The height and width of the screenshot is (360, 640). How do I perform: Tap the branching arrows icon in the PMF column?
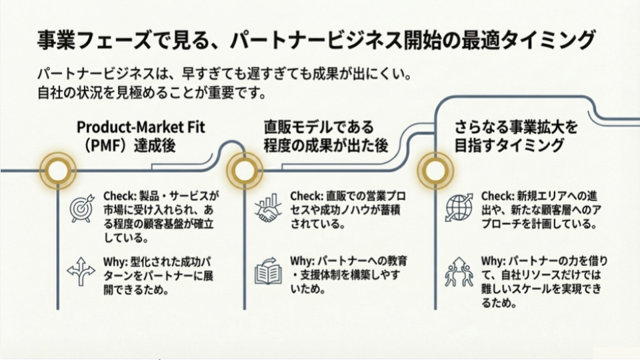[82, 271]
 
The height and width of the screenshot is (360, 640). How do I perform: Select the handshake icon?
[269, 209]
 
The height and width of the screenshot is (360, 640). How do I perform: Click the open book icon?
[269, 273]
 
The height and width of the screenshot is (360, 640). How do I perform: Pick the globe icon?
[459, 207]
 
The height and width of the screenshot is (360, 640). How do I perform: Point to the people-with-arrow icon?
[459, 272]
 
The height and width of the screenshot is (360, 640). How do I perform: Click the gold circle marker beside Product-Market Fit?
[57, 171]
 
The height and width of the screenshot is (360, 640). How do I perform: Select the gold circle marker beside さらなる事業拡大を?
[435, 171]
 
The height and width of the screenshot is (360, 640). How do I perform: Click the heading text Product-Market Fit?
[139, 127]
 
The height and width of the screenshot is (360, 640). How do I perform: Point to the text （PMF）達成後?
[126, 145]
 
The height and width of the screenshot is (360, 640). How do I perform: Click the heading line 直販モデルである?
[319, 127]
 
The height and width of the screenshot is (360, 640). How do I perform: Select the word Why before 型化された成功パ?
[115, 260]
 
